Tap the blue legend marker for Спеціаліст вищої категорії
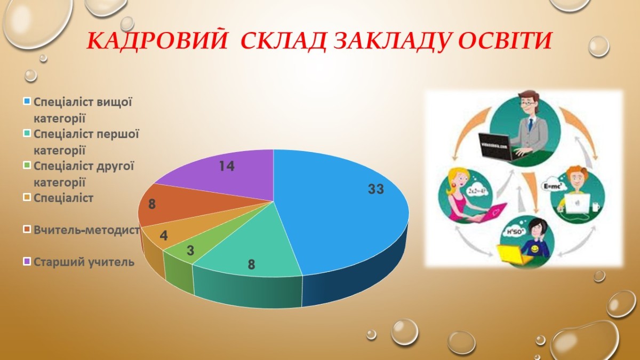(27, 101)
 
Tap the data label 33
(376, 189)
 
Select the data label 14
(227, 166)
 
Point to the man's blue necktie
(530, 125)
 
